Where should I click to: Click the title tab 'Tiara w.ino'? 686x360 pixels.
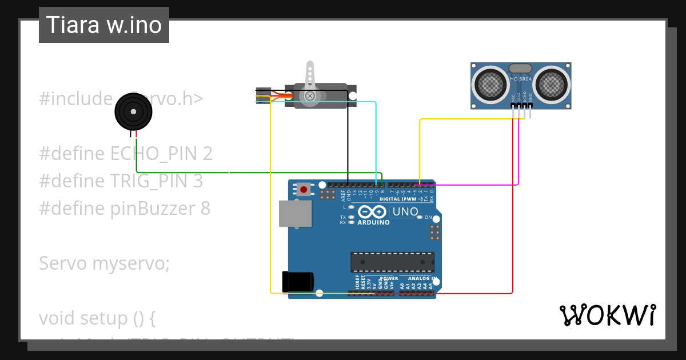[x=103, y=25]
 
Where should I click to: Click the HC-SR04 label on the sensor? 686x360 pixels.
[x=521, y=79]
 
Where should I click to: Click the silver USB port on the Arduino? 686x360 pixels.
[x=295, y=214]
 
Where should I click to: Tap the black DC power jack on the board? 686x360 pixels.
[x=298, y=281]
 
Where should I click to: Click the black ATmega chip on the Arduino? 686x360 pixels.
[x=392, y=262]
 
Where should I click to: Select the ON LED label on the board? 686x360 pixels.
[x=428, y=218]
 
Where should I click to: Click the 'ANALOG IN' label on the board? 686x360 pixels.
[x=422, y=279]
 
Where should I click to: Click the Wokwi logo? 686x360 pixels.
[x=607, y=315]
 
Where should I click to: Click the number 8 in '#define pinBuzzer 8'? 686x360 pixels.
[x=205, y=209]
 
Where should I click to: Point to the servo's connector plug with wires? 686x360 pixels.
[x=263, y=95]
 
